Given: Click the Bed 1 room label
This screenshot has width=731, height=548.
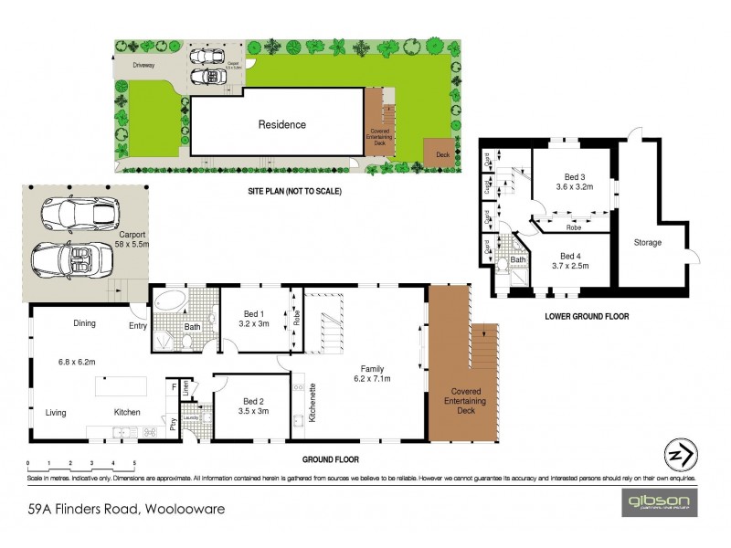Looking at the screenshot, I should click(x=246, y=316).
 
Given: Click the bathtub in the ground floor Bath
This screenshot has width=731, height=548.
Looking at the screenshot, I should click(x=171, y=300).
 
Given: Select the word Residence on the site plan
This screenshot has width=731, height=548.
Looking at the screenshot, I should click(x=281, y=124).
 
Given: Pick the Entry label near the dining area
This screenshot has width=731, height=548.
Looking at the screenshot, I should click(x=137, y=325).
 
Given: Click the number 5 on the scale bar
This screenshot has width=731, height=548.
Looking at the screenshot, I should click(x=134, y=463).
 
